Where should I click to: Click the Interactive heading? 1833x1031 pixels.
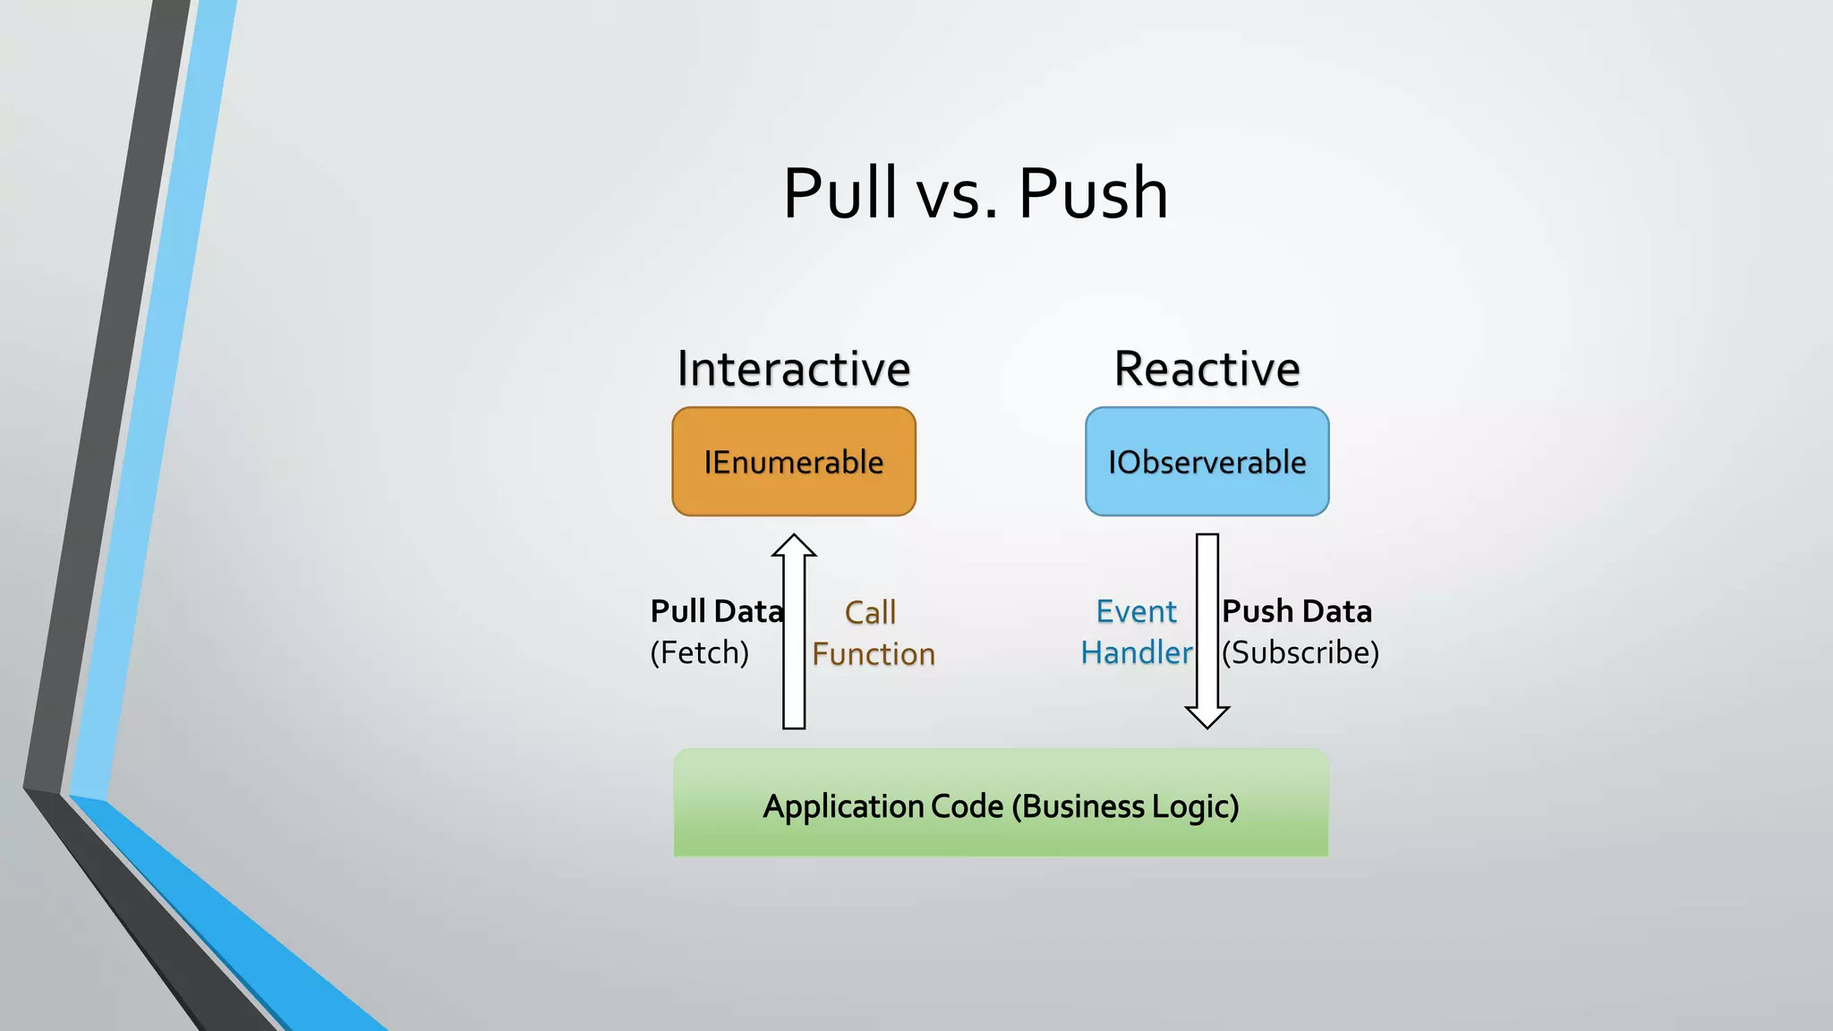(794, 369)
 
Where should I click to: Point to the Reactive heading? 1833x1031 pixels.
(1206, 369)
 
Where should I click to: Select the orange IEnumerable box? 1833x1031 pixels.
(794, 462)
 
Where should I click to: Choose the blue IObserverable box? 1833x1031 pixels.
(1206, 462)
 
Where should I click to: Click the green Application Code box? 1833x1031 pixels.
(1001, 803)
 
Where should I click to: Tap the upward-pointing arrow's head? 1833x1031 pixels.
(794, 545)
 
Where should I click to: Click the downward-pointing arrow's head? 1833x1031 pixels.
(1207, 716)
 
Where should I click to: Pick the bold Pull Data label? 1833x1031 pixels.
(717, 611)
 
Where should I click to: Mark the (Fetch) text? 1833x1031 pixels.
(699, 652)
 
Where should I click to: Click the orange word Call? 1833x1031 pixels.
(870, 613)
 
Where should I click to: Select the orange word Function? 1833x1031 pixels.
(874, 654)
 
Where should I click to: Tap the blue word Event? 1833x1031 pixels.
(1137, 611)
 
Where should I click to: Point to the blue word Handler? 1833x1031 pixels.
(1137, 652)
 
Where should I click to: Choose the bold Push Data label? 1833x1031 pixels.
(1297, 611)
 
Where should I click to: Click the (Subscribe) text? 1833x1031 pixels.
(1300, 652)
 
